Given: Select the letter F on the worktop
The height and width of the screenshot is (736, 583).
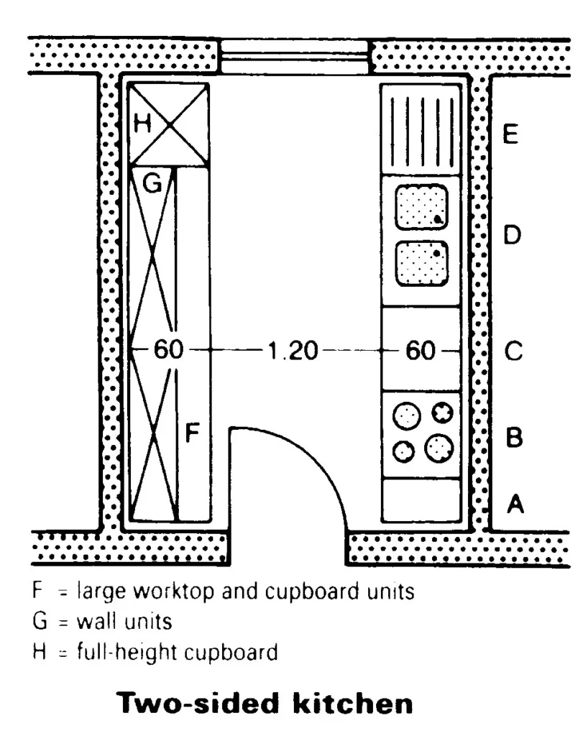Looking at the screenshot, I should click(x=192, y=433).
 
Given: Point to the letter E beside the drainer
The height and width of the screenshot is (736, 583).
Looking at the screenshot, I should click(x=510, y=134).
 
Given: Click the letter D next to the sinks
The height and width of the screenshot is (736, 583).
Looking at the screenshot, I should click(x=511, y=235).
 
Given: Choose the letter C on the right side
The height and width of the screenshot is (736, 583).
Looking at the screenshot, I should click(x=512, y=352).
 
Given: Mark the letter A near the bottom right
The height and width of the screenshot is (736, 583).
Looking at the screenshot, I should click(x=515, y=505).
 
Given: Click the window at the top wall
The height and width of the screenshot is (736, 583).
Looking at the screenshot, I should click(x=294, y=56).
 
